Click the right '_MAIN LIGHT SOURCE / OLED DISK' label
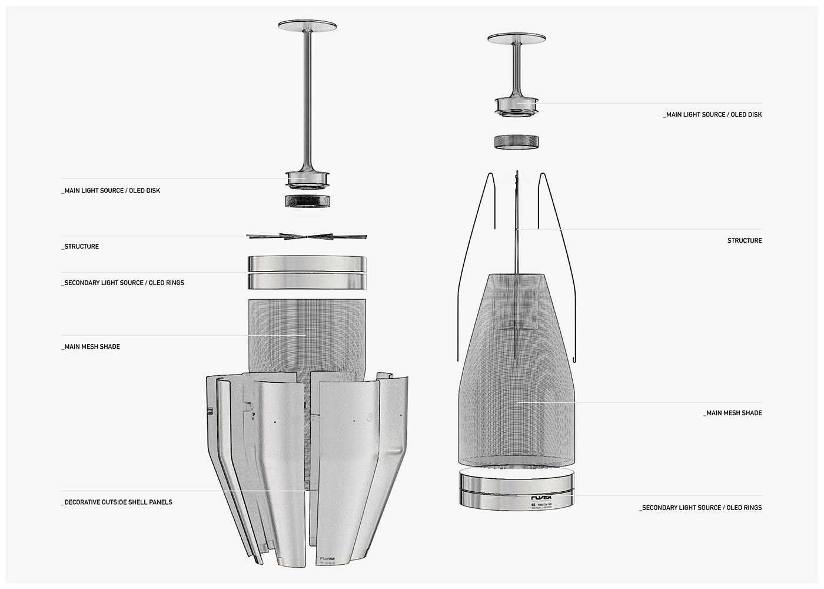(712, 115)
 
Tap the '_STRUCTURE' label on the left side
(81, 247)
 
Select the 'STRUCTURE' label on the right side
(745, 241)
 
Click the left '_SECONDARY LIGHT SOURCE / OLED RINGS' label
(124, 283)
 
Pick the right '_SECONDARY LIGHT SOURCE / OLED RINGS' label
(700, 508)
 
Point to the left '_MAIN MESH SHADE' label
(92, 347)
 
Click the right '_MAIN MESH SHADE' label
(733, 413)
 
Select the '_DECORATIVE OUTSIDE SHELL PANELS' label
(118, 502)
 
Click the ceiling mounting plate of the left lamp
(307, 26)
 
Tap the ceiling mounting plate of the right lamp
(516, 38)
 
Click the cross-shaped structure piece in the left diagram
(307, 237)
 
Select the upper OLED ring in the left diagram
(307, 263)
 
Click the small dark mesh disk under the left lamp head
(307, 201)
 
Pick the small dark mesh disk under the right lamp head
(516, 141)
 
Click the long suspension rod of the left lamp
(307, 100)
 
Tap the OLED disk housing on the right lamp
(516, 105)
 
